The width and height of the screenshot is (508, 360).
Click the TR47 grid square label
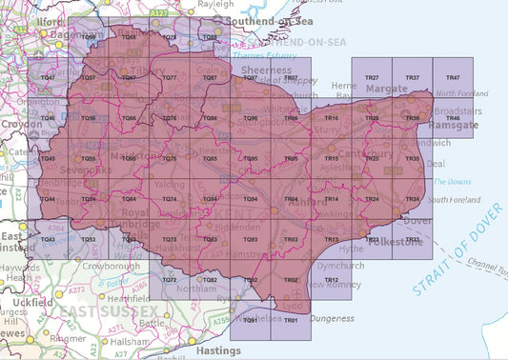[x=454, y=77]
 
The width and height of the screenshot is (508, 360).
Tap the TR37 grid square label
[x=413, y=77]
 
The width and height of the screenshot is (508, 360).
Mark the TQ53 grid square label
[x=88, y=240]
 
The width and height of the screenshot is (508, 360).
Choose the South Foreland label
[x=452, y=199]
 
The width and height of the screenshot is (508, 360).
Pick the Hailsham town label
[x=126, y=341]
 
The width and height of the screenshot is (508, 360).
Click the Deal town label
[x=437, y=163]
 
